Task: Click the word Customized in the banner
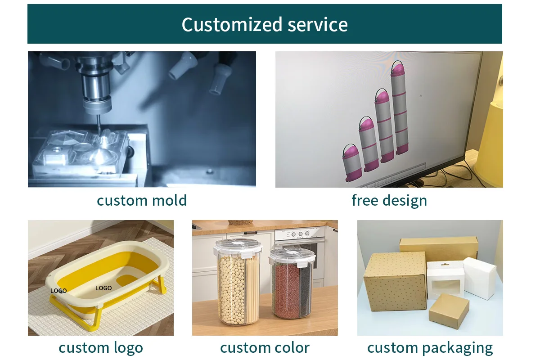click(232, 24)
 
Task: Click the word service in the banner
click(318, 25)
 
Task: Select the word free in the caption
click(365, 200)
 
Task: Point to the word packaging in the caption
click(457, 349)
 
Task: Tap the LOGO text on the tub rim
click(58, 291)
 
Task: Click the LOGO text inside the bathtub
click(103, 288)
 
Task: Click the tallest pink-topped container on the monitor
click(400, 108)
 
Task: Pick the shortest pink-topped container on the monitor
click(352, 163)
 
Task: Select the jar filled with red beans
click(292, 283)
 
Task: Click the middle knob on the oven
click(301, 234)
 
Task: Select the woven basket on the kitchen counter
click(240, 222)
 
